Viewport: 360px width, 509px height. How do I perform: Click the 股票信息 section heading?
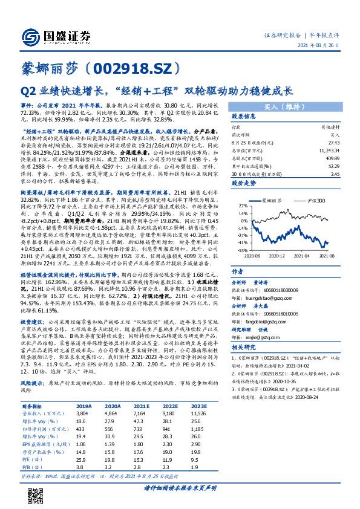coord(245,117)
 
